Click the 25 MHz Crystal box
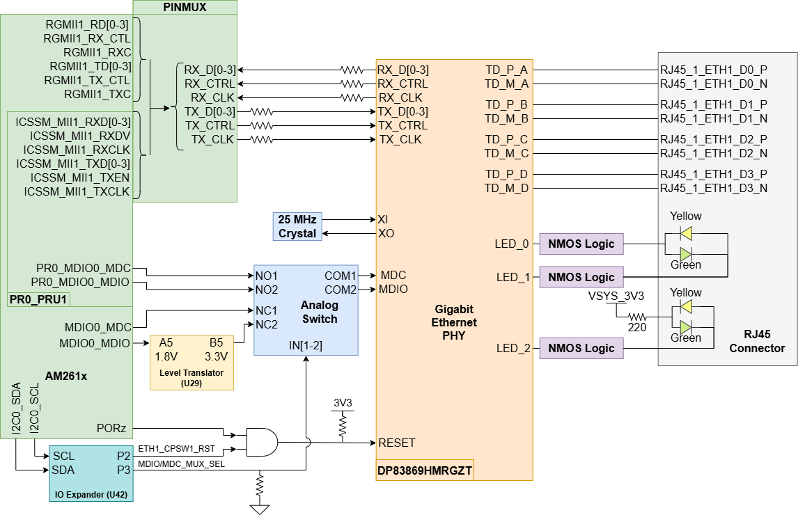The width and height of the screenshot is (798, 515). click(x=297, y=227)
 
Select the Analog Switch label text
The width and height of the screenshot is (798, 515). click(x=320, y=312)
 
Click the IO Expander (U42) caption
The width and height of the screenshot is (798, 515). click(x=91, y=496)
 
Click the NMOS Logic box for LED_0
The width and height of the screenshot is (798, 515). click(x=581, y=244)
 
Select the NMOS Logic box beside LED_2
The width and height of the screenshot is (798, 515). click(x=581, y=348)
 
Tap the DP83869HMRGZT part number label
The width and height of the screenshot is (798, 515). click(x=425, y=470)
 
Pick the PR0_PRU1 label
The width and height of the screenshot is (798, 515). click(x=39, y=300)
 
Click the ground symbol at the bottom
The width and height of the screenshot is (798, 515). click(x=260, y=509)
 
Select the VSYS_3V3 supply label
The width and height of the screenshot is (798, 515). click(x=616, y=296)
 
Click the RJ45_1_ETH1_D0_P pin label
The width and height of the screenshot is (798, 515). click(x=714, y=70)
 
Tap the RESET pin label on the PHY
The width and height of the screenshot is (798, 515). click(x=396, y=443)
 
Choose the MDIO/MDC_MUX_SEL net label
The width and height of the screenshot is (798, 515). click(x=181, y=463)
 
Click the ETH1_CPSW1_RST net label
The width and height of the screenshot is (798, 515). click(x=176, y=449)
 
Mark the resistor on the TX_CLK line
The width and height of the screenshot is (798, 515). click(x=261, y=139)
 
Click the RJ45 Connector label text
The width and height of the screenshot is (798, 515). click(x=757, y=342)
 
